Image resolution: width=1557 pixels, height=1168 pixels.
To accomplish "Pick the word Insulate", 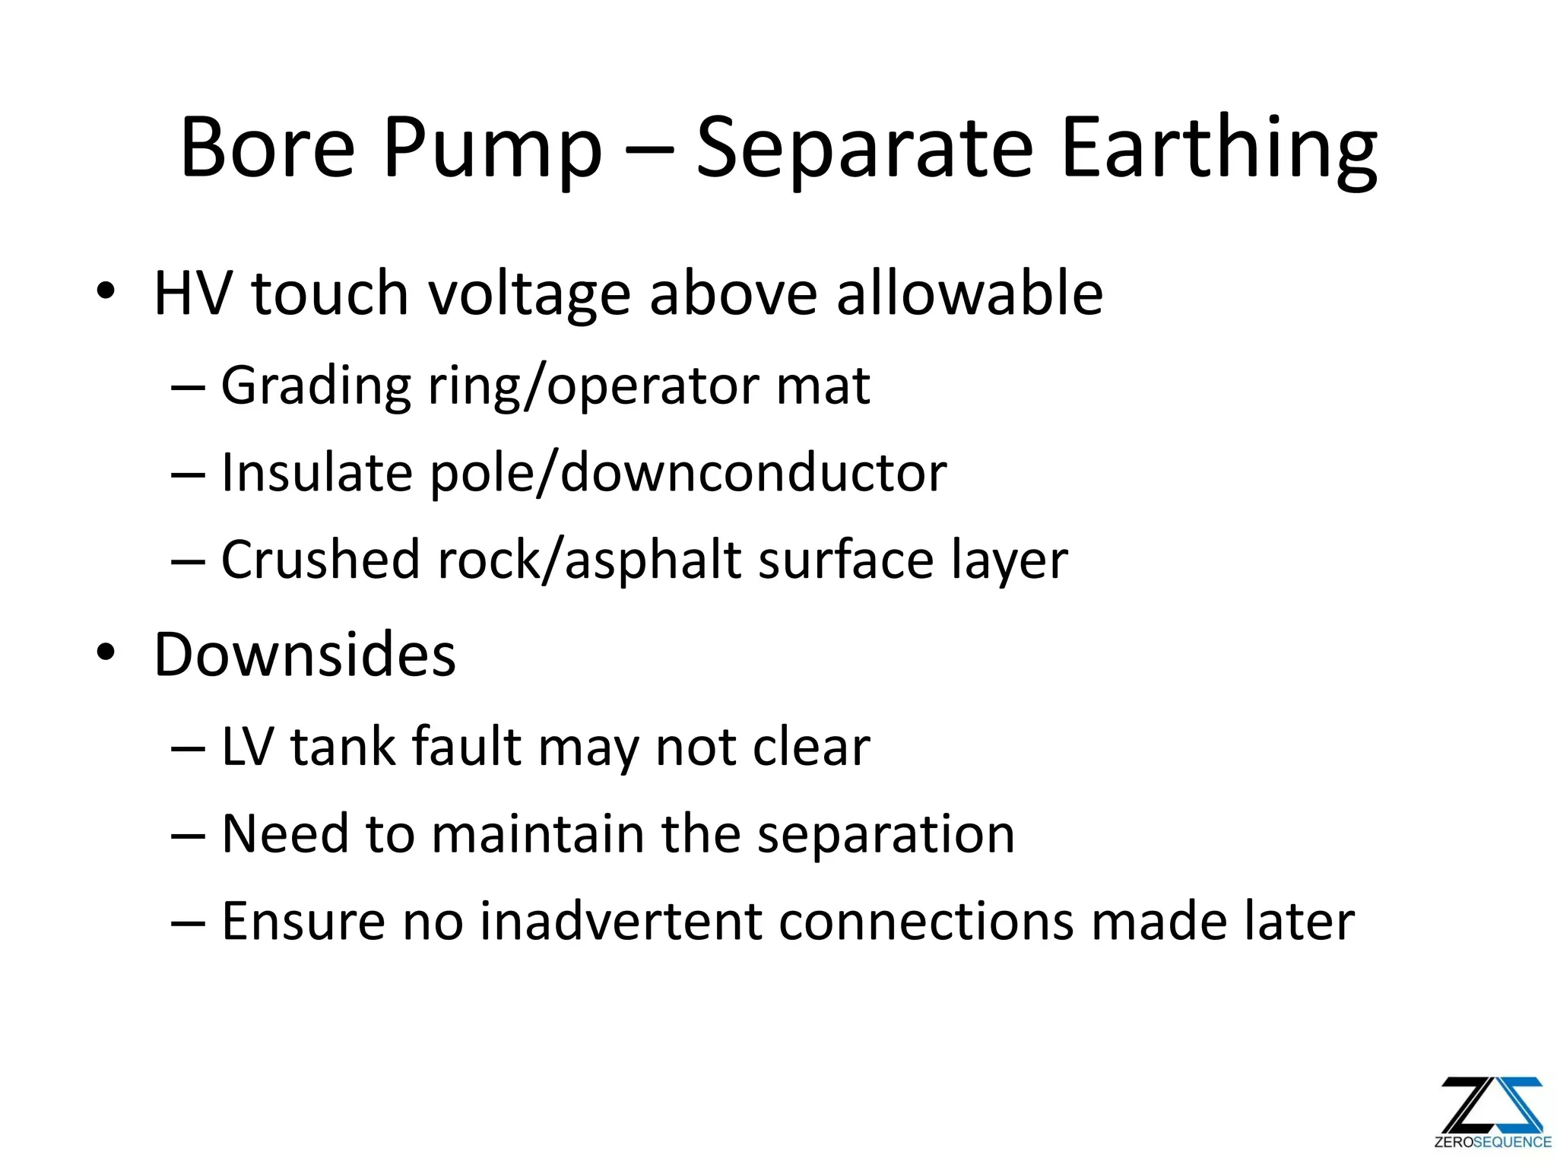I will pos(316,473).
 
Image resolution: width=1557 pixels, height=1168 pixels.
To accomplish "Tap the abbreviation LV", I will pos(247,747).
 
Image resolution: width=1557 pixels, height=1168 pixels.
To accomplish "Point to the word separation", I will pos(886,835).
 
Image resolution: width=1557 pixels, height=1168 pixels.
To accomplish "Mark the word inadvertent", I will pos(620,921).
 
